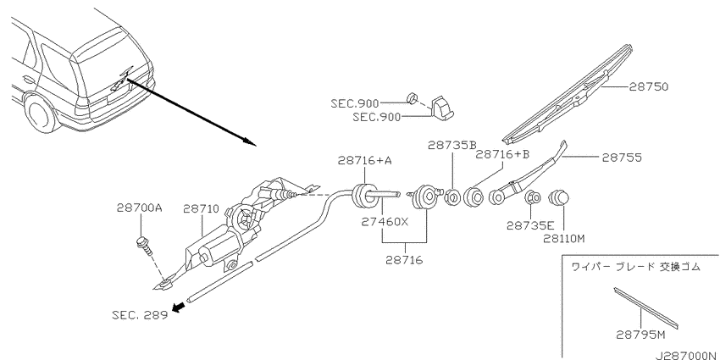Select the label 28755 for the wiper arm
pyautogui.click(x=622, y=158)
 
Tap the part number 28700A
pyautogui.click(x=140, y=208)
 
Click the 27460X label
pyautogui.click(x=385, y=222)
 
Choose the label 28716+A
pyautogui.click(x=365, y=160)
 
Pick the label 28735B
pyautogui.click(x=452, y=145)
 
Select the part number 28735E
pyautogui.click(x=531, y=225)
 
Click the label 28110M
pyautogui.click(x=564, y=238)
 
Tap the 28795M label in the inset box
pyautogui.click(x=640, y=335)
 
